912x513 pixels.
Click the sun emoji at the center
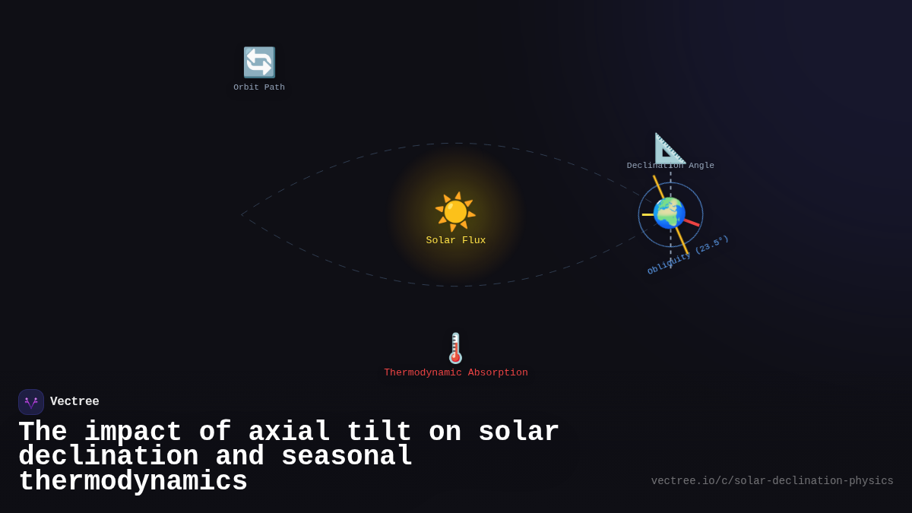(455, 211)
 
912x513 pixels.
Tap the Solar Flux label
(455, 240)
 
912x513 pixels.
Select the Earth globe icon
(669, 213)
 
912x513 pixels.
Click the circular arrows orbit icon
(259, 62)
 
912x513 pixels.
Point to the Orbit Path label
(259, 87)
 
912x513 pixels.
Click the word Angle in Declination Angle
(701, 166)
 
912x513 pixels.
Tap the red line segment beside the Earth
(691, 223)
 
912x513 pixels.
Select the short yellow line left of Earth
(648, 214)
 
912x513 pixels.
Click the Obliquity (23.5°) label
(689, 255)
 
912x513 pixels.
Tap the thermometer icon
(455, 348)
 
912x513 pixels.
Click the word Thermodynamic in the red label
(423, 372)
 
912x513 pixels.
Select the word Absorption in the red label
(498, 372)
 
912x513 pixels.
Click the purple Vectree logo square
(31, 402)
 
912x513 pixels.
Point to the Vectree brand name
(74, 402)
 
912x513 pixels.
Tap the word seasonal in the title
(347, 457)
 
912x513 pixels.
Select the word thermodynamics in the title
(133, 482)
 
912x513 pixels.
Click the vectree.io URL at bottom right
(772, 481)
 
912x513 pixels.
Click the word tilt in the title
(379, 432)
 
